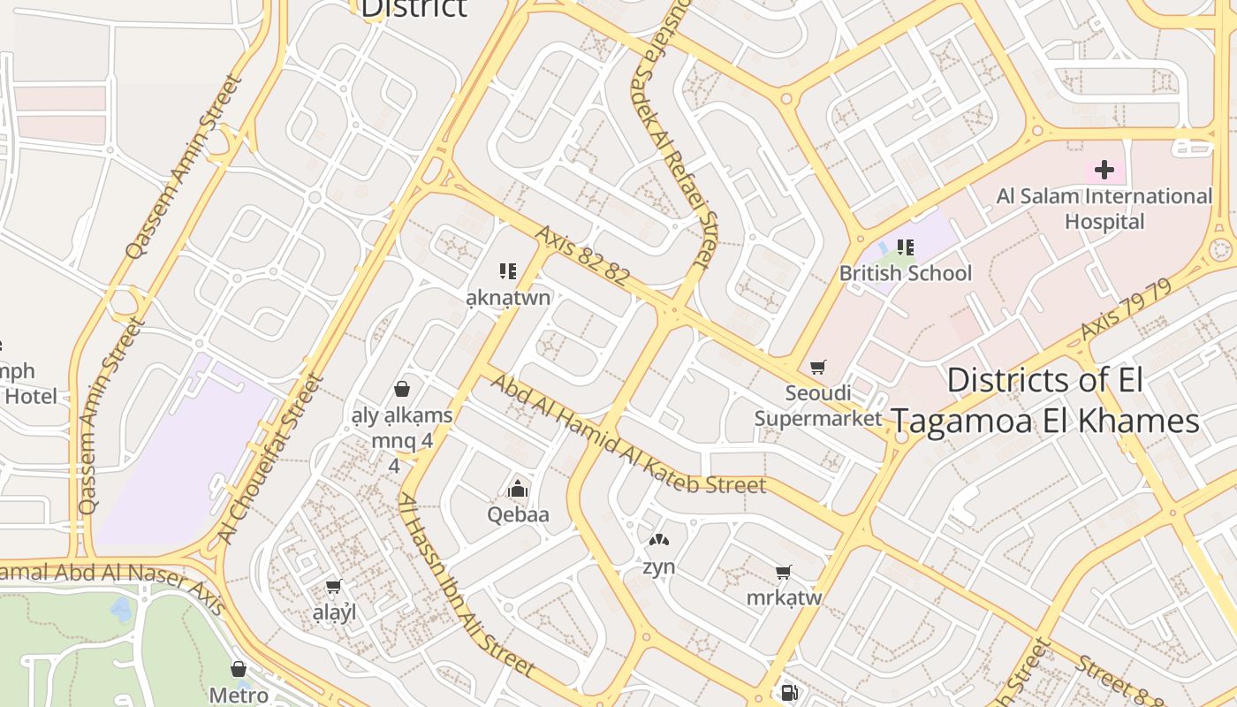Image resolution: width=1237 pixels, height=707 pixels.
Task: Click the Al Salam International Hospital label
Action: (x=1104, y=209)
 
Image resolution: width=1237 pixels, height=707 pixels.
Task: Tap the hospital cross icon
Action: (x=1104, y=170)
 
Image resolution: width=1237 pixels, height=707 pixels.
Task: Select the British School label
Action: (x=906, y=273)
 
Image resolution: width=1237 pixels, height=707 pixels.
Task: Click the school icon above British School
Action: (x=906, y=247)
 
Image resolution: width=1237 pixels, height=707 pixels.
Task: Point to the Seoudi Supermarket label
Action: (x=818, y=406)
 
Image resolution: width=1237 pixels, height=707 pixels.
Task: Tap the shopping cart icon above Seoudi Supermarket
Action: (x=818, y=367)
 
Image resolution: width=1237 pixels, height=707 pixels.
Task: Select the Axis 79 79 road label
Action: (x=1126, y=310)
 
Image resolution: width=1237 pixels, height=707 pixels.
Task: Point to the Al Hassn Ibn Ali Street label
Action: (x=466, y=584)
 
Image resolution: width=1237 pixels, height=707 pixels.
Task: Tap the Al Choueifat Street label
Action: (x=270, y=460)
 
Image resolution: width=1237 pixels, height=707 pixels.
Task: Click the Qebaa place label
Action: (x=519, y=514)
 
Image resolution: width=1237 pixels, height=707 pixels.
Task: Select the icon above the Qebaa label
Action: (x=518, y=489)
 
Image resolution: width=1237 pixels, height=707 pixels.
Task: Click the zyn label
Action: (x=659, y=567)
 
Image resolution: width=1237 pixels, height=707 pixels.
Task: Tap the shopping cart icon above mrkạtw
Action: (x=783, y=573)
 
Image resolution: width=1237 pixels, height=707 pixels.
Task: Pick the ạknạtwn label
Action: (x=508, y=297)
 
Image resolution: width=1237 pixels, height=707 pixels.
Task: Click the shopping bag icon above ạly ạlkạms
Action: (x=402, y=389)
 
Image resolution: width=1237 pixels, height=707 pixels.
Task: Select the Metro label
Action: (x=239, y=696)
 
